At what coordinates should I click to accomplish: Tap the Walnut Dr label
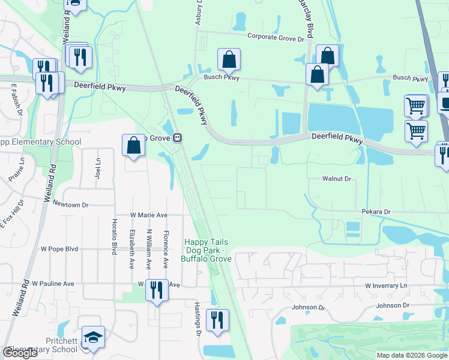pyautogui.click(x=336, y=179)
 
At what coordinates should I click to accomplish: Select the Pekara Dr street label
pyautogui.click(x=376, y=212)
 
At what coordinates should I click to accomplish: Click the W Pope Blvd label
pyautogui.click(x=59, y=248)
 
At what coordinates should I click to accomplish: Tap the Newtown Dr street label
pyautogui.click(x=67, y=205)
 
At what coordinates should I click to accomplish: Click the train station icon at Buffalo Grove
pyautogui.click(x=178, y=138)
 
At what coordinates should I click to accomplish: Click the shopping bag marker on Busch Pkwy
pyautogui.click(x=229, y=60)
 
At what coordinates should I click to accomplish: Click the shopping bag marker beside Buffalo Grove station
pyautogui.click(x=133, y=146)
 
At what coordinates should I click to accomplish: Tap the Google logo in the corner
pyautogui.click(x=20, y=353)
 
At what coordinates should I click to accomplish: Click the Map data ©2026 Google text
pyautogui.click(x=411, y=355)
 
